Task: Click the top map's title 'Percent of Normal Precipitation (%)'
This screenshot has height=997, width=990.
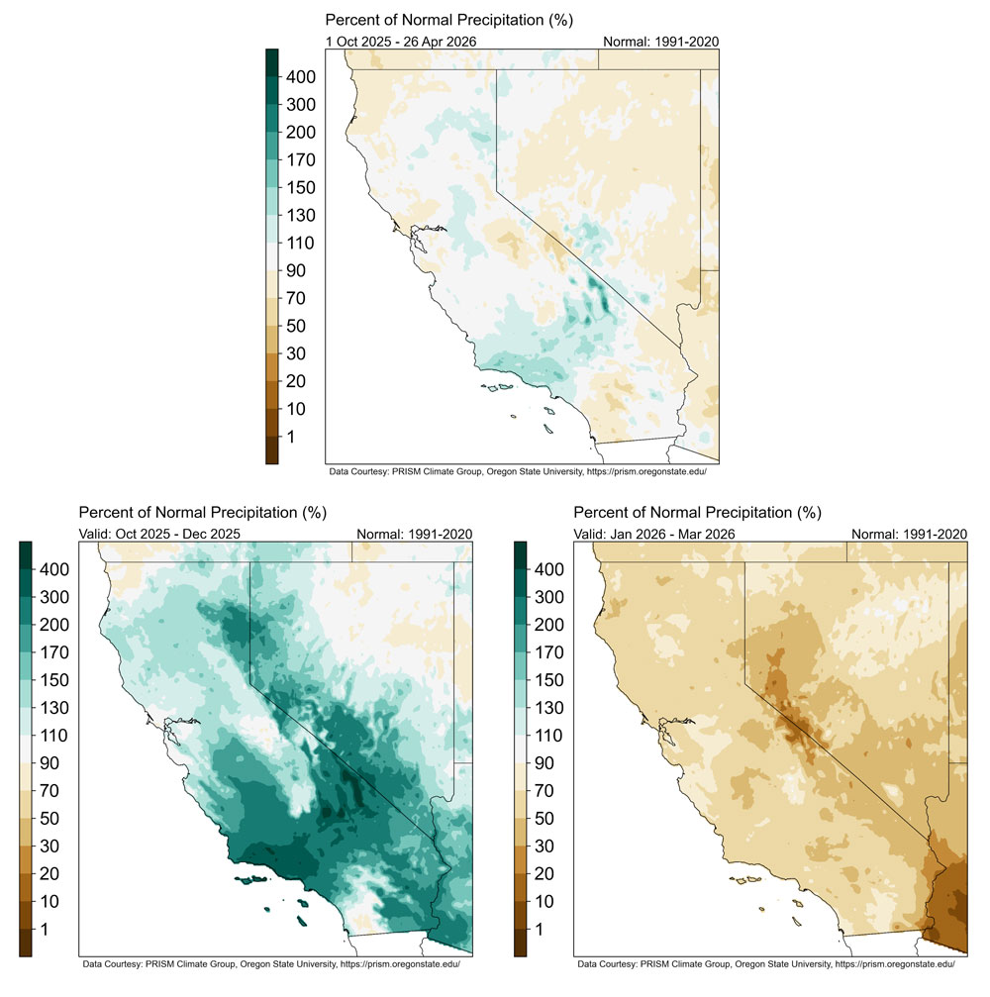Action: click(x=449, y=20)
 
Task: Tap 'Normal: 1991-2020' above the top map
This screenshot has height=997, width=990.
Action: click(x=660, y=41)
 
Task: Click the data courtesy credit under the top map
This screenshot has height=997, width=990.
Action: click(x=523, y=471)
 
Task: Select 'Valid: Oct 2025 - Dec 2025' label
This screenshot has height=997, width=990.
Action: click(x=159, y=534)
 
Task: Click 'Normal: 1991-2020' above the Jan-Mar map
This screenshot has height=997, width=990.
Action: click(x=908, y=534)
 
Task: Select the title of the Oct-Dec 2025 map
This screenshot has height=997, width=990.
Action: click(x=202, y=513)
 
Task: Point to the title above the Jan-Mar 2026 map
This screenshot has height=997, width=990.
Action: click(x=697, y=513)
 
